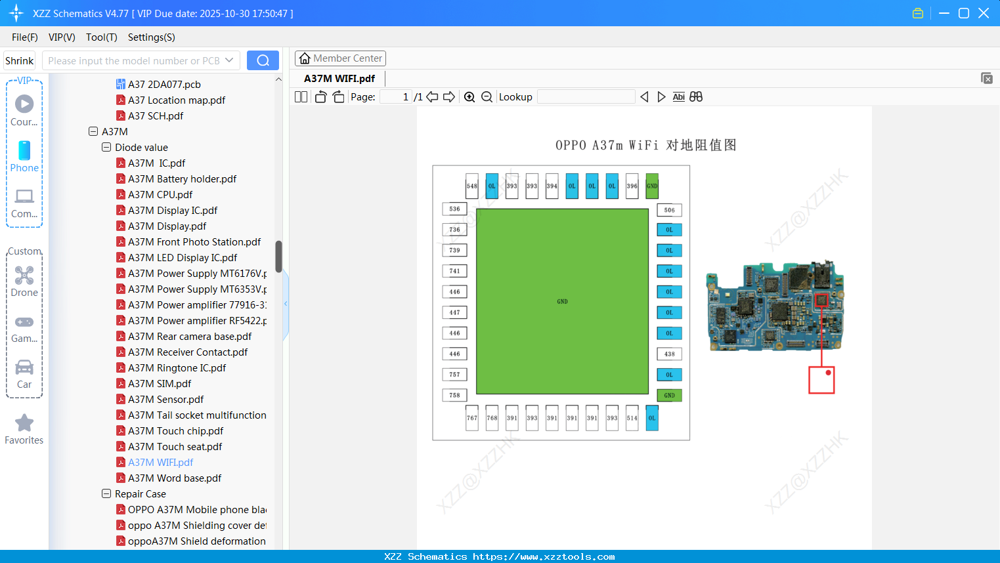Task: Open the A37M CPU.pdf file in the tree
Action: point(160,194)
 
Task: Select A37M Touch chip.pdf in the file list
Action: point(175,430)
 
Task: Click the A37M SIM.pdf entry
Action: point(160,383)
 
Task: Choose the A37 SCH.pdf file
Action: point(156,115)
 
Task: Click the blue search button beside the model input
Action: point(263,60)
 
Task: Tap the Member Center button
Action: point(340,58)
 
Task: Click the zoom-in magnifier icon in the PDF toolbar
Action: point(469,97)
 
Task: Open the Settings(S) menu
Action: point(151,37)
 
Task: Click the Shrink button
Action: point(19,60)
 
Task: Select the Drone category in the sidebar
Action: point(24,281)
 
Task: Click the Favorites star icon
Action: point(24,423)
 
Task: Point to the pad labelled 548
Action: point(472,186)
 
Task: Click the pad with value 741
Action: point(454,271)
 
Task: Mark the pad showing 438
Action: point(669,354)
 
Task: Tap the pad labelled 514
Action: point(632,418)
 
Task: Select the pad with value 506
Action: point(669,210)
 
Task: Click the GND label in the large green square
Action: point(562,302)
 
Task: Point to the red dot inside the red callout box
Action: point(829,373)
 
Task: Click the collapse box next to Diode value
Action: point(106,147)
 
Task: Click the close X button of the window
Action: point(984,13)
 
